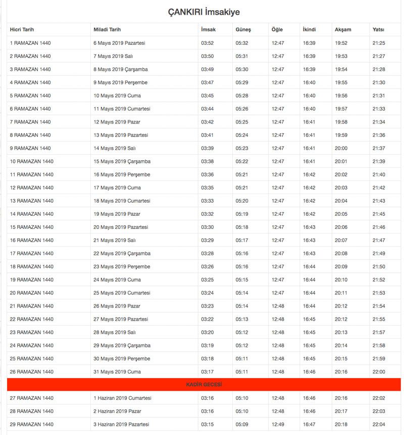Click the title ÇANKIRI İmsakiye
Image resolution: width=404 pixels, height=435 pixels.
(x=204, y=12)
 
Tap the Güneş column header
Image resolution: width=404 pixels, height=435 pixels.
(x=243, y=30)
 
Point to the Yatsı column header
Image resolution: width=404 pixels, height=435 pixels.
(x=378, y=30)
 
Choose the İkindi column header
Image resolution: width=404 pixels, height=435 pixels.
(x=310, y=30)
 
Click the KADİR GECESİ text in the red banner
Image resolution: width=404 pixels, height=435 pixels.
(x=205, y=385)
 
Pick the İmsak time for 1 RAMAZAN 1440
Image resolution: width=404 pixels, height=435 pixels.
(x=208, y=43)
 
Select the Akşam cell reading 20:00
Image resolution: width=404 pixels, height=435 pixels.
(x=341, y=148)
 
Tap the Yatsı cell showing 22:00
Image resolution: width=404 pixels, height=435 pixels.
(x=379, y=371)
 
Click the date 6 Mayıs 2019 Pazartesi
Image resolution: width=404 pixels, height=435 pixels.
(x=120, y=43)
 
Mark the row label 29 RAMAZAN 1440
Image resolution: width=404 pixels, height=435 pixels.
(x=32, y=424)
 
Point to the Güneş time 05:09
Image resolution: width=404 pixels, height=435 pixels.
(x=242, y=424)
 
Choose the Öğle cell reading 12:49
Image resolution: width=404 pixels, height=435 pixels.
(x=278, y=424)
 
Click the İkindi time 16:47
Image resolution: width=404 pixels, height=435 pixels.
(x=309, y=424)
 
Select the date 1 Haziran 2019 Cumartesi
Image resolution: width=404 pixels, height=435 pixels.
(x=122, y=398)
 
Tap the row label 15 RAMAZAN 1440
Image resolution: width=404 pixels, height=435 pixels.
(x=32, y=227)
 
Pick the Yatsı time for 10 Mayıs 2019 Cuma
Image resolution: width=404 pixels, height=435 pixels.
(x=379, y=96)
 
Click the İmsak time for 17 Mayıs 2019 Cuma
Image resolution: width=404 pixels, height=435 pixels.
(x=208, y=188)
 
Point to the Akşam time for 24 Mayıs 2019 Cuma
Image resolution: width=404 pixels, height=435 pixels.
(x=341, y=280)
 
